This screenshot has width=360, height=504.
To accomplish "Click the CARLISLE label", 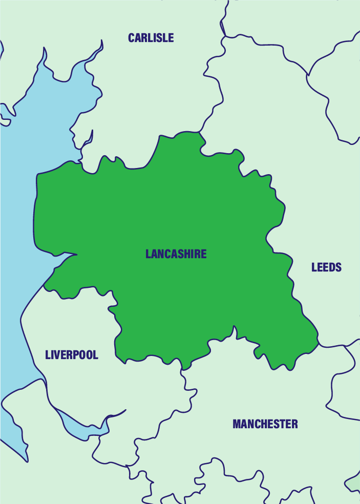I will [151, 38].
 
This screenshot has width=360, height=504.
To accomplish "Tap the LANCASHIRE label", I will [176, 254].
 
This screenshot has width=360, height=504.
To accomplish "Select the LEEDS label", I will [326, 267].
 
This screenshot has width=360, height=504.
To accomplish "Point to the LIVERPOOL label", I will [71, 355].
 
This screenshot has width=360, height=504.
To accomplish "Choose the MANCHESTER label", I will [265, 424].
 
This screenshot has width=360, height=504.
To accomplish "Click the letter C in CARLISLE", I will [132, 38].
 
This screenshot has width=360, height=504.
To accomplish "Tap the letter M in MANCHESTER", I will [237, 424].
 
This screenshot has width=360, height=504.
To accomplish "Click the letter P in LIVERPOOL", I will [74, 355].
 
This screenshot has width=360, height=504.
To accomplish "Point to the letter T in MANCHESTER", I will [280, 424].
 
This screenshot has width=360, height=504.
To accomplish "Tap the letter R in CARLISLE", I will [146, 38].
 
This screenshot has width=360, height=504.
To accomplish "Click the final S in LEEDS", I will [338, 267].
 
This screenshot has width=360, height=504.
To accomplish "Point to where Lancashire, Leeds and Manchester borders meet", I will [317, 343].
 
